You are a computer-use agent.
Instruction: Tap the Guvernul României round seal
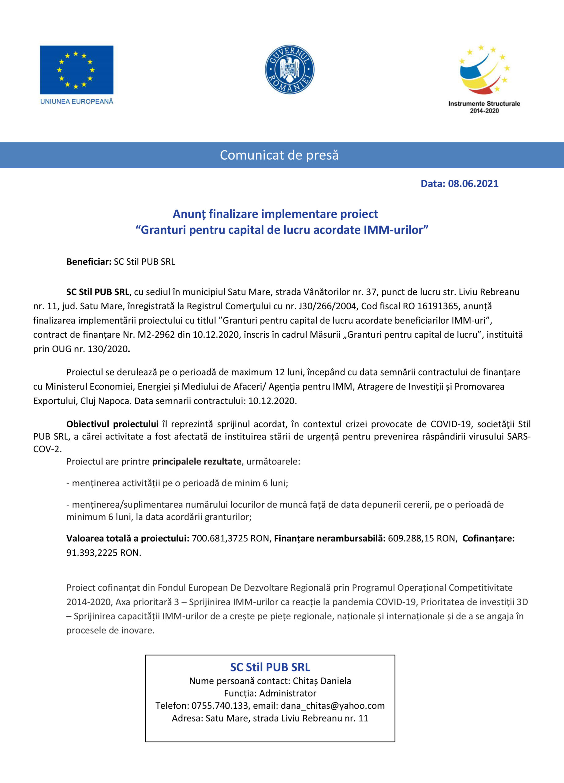pos(289,69)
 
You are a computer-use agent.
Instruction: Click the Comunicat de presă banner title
pos(279,155)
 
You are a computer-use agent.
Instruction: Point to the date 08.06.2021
pos(473,184)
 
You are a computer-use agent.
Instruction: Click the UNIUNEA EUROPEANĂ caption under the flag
pos(77,102)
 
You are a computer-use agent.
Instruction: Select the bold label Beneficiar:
pos(89,262)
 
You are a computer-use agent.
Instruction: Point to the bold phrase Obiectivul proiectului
pos(112,424)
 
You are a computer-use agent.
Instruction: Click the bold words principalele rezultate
pos(196,462)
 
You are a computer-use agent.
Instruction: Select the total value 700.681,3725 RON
pos(230,539)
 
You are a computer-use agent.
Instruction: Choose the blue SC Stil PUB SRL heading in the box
pos(270,667)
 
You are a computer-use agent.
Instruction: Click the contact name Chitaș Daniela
pos(322,681)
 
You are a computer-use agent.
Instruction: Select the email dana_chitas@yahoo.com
pos(333,706)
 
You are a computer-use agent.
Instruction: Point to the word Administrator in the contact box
pos(288,693)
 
